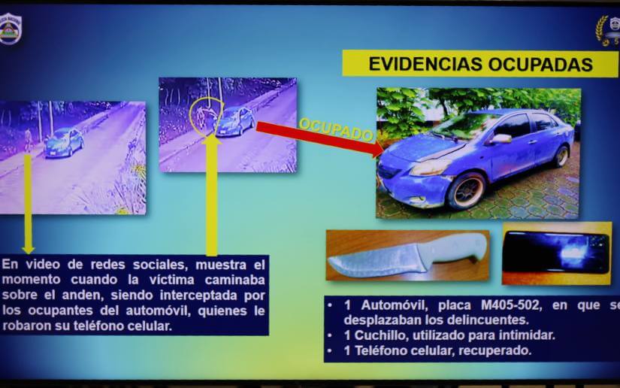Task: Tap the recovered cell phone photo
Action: pyautogui.click(x=556, y=253)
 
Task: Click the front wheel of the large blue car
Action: pyautogui.click(x=467, y=190)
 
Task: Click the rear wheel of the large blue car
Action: pyautogui.click(x=561, y=155)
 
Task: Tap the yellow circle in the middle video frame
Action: pyautogui.click(x=205, y=117)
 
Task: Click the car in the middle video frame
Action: pyautogui.click(x=234, y=120)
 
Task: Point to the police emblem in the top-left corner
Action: pyautogui.click(x=11, y=29)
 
